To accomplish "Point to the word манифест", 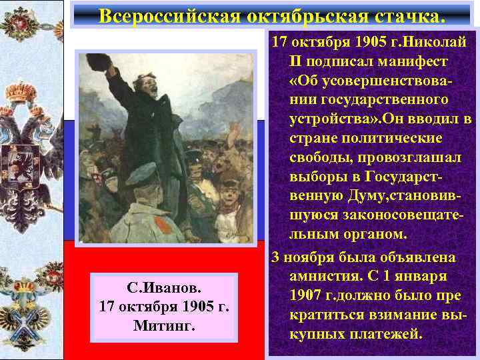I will pyautogui.click(x=417, y=62).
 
